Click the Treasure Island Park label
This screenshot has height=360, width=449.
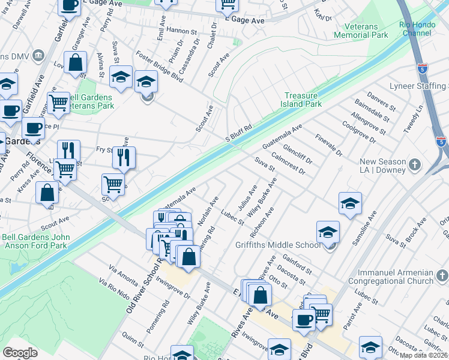(303, 100)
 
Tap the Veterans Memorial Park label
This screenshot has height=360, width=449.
(367, 31)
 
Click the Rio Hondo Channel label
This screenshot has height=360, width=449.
(415, 29)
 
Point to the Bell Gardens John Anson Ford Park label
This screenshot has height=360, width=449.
(36, 241)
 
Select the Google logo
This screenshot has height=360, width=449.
(20, 353)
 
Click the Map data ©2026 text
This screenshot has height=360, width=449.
(424, 355)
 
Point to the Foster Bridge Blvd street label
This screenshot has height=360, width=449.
(159, 65)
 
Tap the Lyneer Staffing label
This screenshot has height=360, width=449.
(418, 86)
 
